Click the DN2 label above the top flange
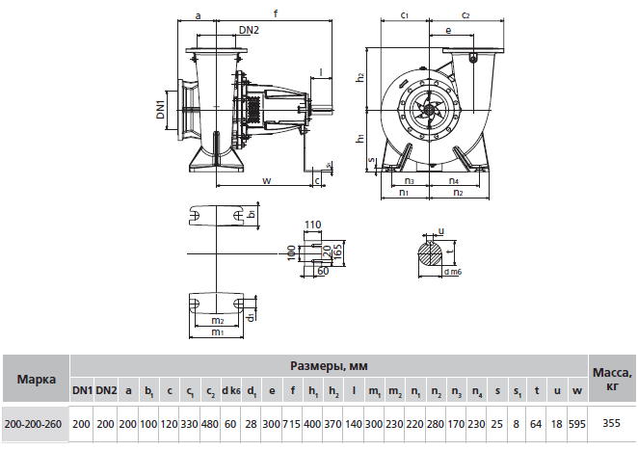click(249, 31)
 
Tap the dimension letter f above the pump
click(277, 13)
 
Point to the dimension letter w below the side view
click(266, 179)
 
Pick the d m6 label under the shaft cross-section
click(452, 273)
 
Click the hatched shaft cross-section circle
click(433, 253)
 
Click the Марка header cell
click(36, 379)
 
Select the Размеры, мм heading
click(329, 366)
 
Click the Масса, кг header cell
click(611, 379)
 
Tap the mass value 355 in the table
click(611, 423)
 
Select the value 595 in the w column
click(576, 423)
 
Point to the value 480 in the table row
click(210, 423)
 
